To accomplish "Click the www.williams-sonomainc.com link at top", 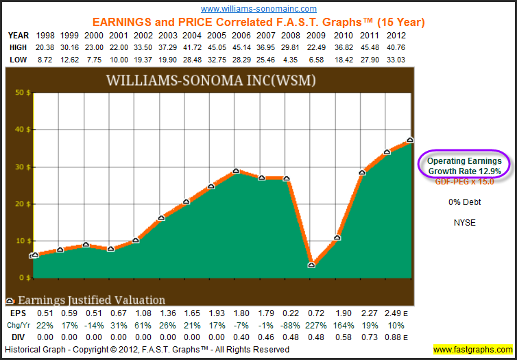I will tap(258, 9).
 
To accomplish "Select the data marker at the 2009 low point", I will tap(312, 264).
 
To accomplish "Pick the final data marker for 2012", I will tap(410, 140).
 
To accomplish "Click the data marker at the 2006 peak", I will tap(236, 171).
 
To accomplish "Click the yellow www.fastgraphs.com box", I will tap(472, 350).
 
